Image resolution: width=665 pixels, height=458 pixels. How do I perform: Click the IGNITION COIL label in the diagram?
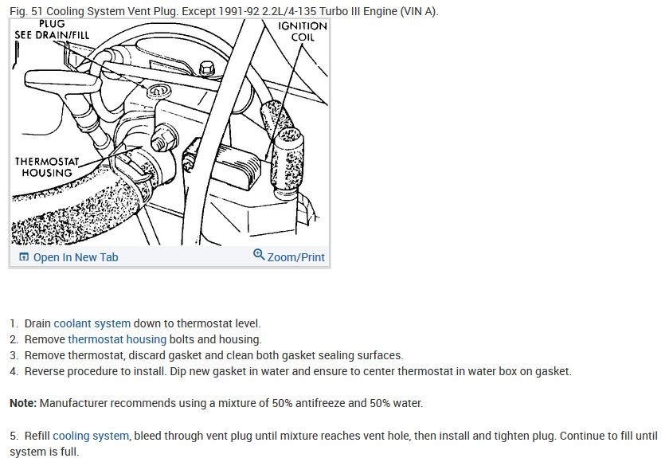pyautogui.click(x=302, y=31)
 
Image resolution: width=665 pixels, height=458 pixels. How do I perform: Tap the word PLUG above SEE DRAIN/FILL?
pyautogui.click(x=52, y=24)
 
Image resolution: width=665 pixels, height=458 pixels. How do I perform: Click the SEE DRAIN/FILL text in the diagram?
pyautogui.click(x=52, y=36)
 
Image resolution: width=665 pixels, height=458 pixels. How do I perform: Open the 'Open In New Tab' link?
pyautogui.click(x=75, y=257)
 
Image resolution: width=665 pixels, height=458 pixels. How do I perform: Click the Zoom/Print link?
pyautogui.click(x=295, y=257)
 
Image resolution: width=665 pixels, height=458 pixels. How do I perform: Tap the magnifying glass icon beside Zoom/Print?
pyautogui.click(x=259, y=256)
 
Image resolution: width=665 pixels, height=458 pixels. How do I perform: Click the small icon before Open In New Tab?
pyautogui.click(x=23, y=257)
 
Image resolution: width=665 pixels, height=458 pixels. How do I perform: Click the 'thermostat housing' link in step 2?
pyautogui.click(x=117, y=339)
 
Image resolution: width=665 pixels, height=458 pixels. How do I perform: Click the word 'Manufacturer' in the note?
pyautogui.click(x=76, y=403)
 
